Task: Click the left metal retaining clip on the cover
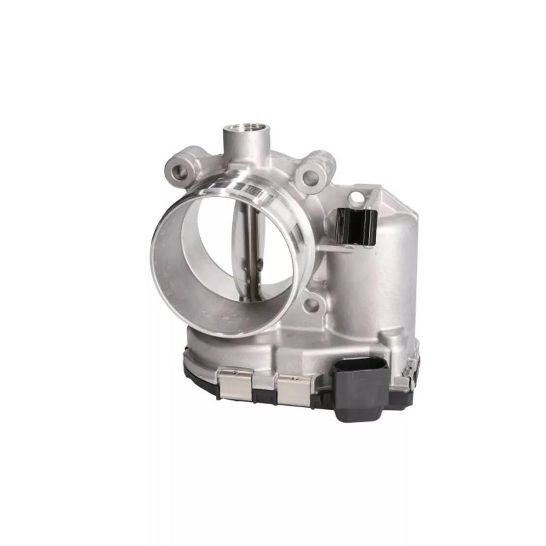click(x=236, y=386)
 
